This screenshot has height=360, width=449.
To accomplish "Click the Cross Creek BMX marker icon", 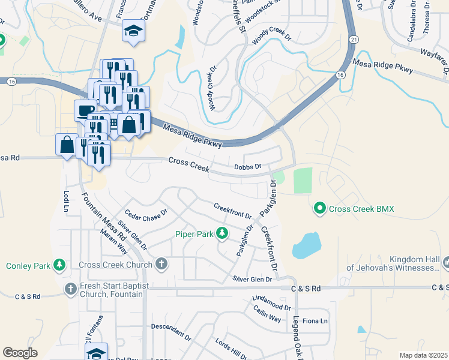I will click(320, 209).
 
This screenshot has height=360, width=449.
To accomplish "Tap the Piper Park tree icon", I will click(222, 233).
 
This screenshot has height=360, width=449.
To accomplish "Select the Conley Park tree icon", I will click(59, 265).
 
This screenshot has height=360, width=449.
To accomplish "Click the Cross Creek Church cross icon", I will click(161, 264).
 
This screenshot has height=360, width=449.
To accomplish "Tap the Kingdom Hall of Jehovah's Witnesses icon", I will click(446, 262).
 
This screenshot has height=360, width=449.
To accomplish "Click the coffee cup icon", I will click(83, 109).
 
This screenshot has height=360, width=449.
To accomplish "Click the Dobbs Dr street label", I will click(248, 166).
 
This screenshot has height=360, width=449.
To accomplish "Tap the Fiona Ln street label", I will click(315, 321).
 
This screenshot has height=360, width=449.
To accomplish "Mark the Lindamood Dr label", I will click(271, 302).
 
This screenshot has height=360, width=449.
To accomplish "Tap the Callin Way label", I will click(267, 314).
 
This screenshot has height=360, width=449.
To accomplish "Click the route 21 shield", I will click(355, 38).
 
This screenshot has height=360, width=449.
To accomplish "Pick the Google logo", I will click(20, 352).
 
